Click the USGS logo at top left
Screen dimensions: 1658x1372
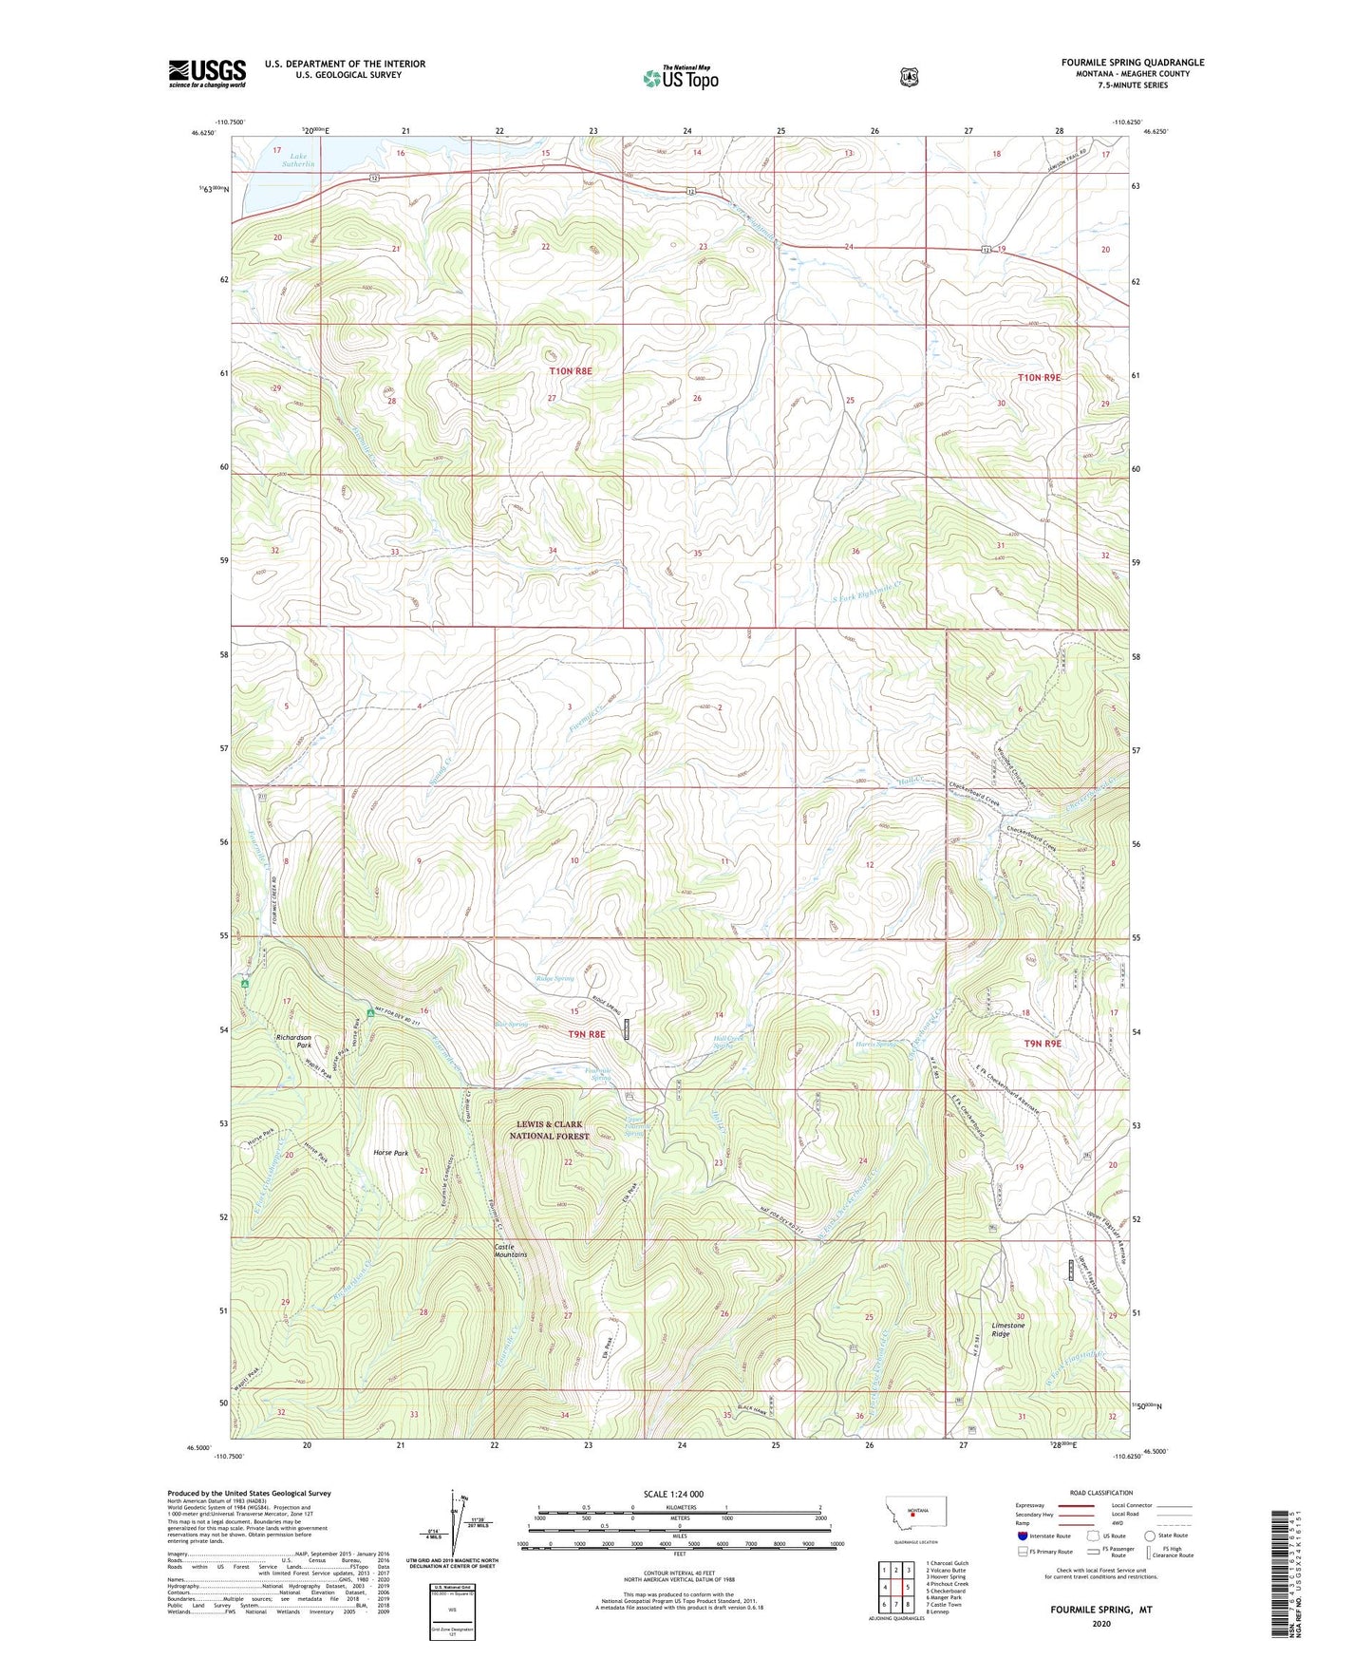(207, 73)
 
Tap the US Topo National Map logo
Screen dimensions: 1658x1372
(680, 77)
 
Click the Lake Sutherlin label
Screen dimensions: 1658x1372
(303, 160)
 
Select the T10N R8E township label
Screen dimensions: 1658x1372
(570, 371)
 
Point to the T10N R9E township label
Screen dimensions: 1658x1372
(1039, 377)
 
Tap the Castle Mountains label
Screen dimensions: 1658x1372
(510, 1251)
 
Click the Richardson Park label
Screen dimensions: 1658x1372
(293, 1041)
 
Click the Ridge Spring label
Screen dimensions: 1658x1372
(555, 978)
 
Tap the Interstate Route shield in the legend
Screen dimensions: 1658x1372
(1021, 1536)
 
